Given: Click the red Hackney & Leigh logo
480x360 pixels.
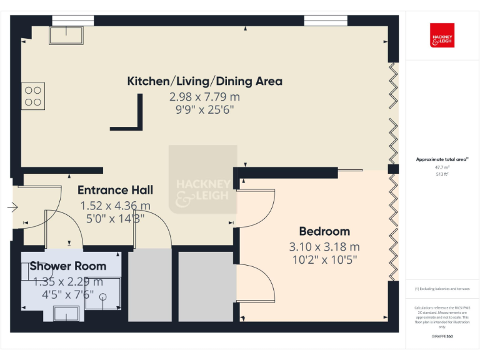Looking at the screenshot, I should coord(442,35).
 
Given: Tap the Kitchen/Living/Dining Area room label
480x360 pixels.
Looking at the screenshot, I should coord(204,81).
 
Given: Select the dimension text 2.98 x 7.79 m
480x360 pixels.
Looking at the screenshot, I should coord(204,97).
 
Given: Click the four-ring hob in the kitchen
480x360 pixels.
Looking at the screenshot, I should coord(33,96).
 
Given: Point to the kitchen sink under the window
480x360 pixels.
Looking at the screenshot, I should coord(66,36).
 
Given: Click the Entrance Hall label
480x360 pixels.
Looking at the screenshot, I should coord(115,190).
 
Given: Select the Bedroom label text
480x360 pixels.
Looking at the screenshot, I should coord(324,231).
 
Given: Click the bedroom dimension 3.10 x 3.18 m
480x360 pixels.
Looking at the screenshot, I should coord(324,246).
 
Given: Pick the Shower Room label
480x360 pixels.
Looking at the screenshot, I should coord(67,266).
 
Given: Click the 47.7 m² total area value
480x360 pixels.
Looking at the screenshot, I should coord(442,167).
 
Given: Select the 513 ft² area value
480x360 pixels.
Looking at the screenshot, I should coord(442,174).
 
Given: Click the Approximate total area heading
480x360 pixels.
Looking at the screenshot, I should coord(441,159).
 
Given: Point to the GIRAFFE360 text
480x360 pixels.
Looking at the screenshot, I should coord(442,336).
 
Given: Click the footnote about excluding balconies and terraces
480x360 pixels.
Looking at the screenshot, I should coord(442,289).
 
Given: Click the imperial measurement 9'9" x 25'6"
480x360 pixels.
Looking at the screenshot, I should coord(204,111).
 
